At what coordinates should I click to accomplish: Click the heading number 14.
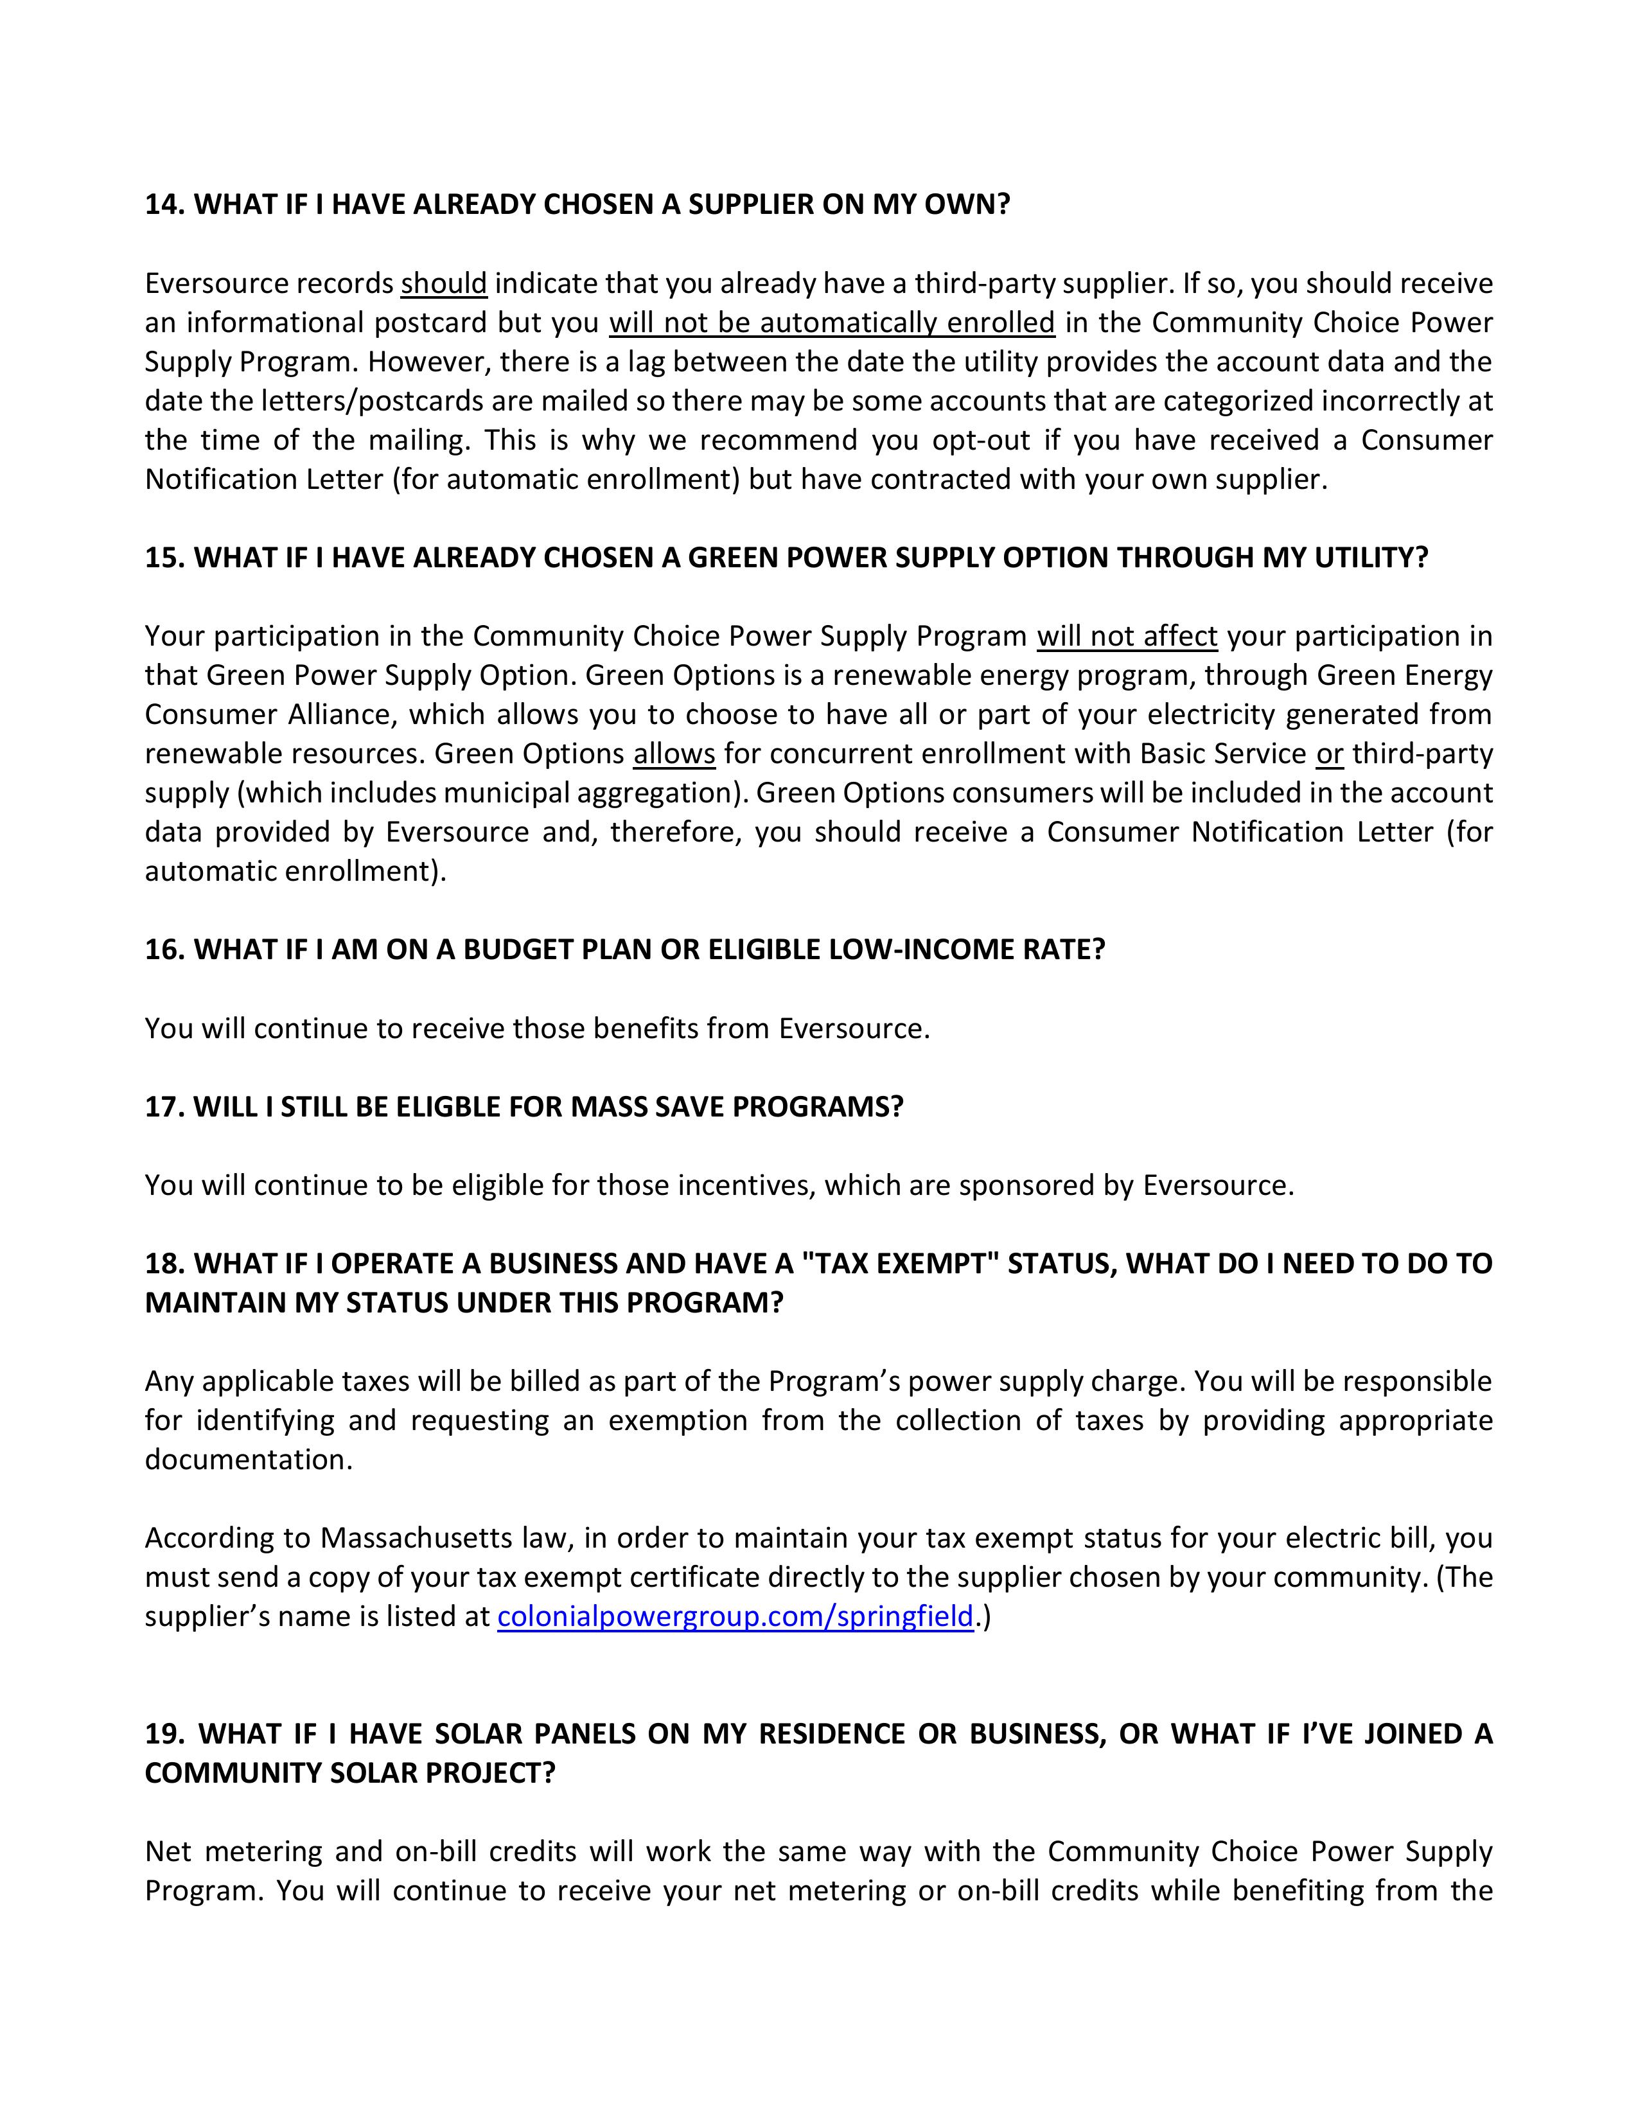pyautogui.click(x=165, y=205)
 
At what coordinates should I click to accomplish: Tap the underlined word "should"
pyautogui.click(x=443, y=283)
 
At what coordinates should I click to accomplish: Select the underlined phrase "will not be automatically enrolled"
pyautogui.click(x=832, y=322)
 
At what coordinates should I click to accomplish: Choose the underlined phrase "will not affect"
pyautogui.click(x=1127, y=637)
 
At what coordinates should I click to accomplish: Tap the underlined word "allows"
pyautogui.click(x=674, y=754)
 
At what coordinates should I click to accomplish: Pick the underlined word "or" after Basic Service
pyautogui.click(x=1330, y=754)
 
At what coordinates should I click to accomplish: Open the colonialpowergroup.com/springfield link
pyautogui.click(x=735, y=1616)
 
